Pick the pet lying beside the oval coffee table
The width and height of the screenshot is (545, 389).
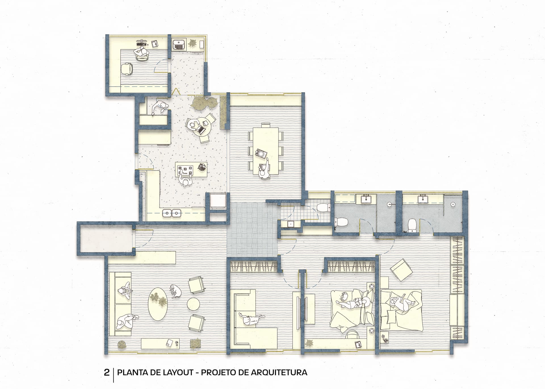click(x=175, y=291)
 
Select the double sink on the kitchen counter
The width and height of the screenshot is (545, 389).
click(x=172, y=213)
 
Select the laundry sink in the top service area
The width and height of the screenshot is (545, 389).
click(x=179, y=44)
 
